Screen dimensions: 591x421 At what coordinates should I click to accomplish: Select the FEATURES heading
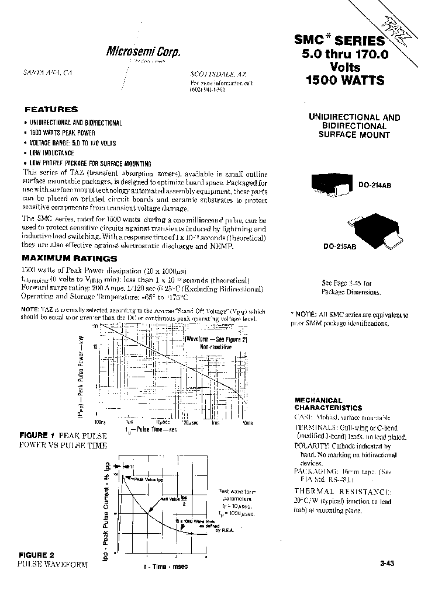point(51,109)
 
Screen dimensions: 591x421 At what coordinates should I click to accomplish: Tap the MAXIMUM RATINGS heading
point(69,258)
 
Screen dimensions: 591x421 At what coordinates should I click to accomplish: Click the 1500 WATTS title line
point(345,81)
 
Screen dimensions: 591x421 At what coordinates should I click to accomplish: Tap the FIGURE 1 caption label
point(37,436)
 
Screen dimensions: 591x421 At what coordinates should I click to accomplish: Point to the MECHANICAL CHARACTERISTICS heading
point(327,404)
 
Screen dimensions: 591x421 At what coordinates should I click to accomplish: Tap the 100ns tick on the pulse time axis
point(99,422)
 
